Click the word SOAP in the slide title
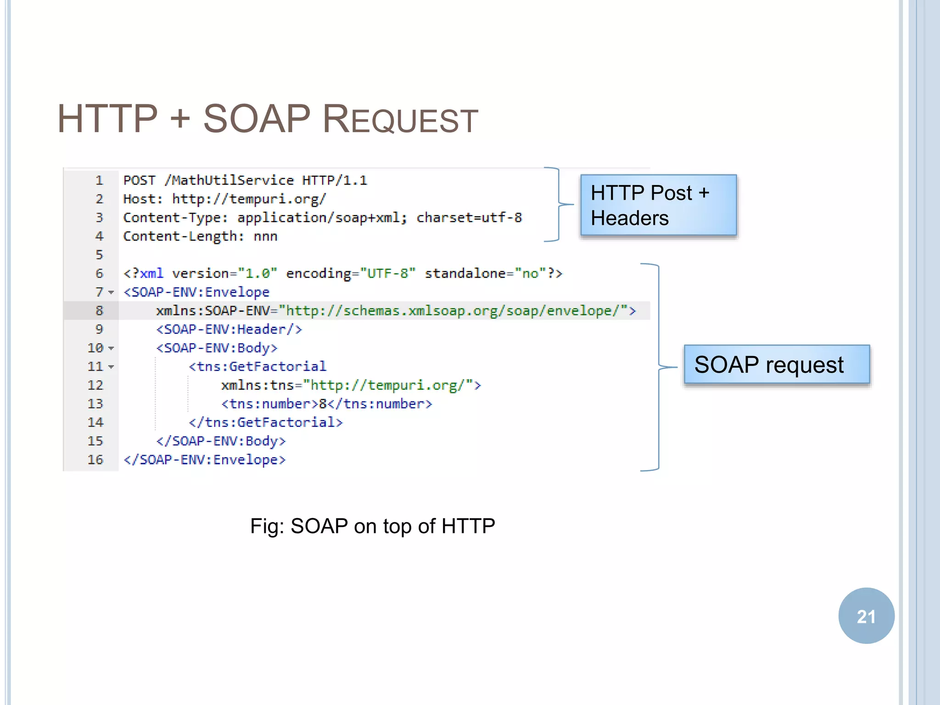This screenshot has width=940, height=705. click(x=257, y=119)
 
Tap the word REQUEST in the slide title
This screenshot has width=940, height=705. click(x=400, y=120)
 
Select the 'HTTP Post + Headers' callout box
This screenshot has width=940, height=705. click(x=658, y=205)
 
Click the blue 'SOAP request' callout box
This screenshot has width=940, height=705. click(x=777, y=365)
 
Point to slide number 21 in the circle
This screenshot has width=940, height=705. click(x=866, y=616)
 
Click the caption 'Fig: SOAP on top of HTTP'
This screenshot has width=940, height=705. click(x=372, y=526)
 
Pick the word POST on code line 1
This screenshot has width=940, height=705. click(x=140, y=180)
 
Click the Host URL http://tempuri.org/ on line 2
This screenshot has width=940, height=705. click(x=249, y=199)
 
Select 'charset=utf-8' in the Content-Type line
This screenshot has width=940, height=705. click(x=469, y=218)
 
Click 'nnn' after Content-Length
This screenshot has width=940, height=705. click(x=265, y=236)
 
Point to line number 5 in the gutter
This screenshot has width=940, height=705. click(x=99, y=255)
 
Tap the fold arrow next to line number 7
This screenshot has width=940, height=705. click(x=111, y=292)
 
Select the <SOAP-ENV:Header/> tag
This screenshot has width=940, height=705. click(x=229, y=330)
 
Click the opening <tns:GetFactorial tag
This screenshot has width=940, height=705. click(x=257, y=367)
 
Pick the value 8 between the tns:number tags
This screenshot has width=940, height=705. click(x=323, y=404)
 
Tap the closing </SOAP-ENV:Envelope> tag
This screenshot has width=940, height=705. click(x=205, y=460)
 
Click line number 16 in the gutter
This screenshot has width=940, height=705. click(x=95, y=460)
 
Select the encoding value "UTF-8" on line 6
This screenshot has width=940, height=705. click(x=388, y=274)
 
